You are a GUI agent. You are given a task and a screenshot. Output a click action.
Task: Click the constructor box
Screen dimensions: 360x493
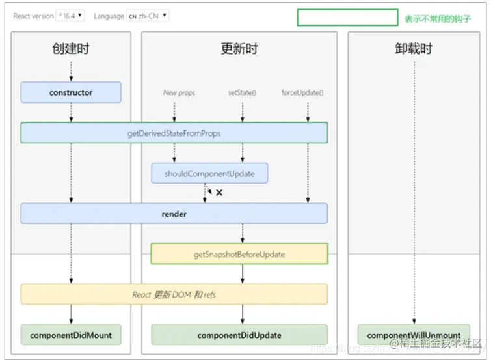coord(71,92)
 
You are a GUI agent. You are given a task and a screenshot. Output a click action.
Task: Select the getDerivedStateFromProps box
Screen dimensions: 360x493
coord(174,133)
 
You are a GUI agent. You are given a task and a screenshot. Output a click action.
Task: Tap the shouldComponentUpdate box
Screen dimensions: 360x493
coord(209,173)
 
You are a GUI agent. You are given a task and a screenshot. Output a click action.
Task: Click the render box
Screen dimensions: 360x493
coord(174,214)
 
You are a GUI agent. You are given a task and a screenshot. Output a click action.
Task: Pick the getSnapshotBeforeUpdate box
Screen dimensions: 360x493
coord(239,254)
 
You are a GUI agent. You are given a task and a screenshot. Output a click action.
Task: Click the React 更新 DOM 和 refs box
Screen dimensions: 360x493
coord(174,294)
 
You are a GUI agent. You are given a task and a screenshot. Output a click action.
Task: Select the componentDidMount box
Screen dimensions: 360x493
coord(71,335)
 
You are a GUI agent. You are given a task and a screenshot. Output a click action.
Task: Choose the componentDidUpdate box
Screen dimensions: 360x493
coord(239,335)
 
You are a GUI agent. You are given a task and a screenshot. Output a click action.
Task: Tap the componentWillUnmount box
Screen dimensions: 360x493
coord(414,335)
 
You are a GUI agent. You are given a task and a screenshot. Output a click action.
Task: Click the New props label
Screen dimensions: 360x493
coord(179,93)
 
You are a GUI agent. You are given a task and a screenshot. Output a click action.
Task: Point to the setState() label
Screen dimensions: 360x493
coord(242,93)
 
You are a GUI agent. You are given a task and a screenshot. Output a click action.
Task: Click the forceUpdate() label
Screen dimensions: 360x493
coord(302,93)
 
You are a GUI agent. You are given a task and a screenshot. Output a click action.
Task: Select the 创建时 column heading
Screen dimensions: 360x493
coord(71,49)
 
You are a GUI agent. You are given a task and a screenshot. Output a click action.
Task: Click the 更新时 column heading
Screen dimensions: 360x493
coord(239,49)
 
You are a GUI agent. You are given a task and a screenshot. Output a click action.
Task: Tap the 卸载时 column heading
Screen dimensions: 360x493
coord(414,49)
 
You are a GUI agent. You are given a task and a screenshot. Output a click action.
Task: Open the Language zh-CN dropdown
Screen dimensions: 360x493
coord(148,16)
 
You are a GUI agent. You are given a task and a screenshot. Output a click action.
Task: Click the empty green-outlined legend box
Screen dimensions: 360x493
coord(347,18)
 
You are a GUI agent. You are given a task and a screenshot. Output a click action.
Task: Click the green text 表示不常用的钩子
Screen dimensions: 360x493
coord(437,19)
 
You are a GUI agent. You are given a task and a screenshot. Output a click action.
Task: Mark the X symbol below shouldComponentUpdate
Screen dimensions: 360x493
coord(219,193)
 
